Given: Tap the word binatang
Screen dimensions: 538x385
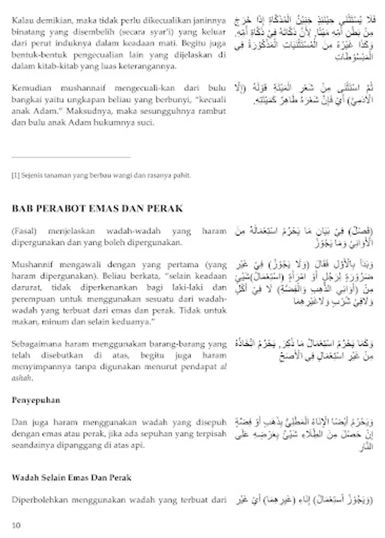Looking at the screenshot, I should [x=28, y=31].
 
